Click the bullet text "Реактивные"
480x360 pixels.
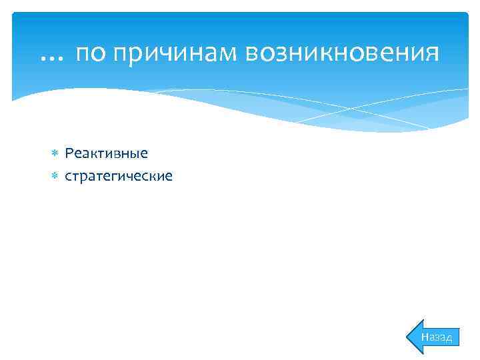pyautogui.click(x=107, y=153)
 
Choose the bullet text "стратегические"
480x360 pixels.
pyautogui.click(x=119, y=177)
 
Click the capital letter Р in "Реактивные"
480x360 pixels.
pyautogui.click(x=69, y=153)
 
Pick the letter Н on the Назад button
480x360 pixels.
pyautogui.click(x=425, y=337)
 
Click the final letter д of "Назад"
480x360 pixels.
pyautogui.click(x=448, y=338)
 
